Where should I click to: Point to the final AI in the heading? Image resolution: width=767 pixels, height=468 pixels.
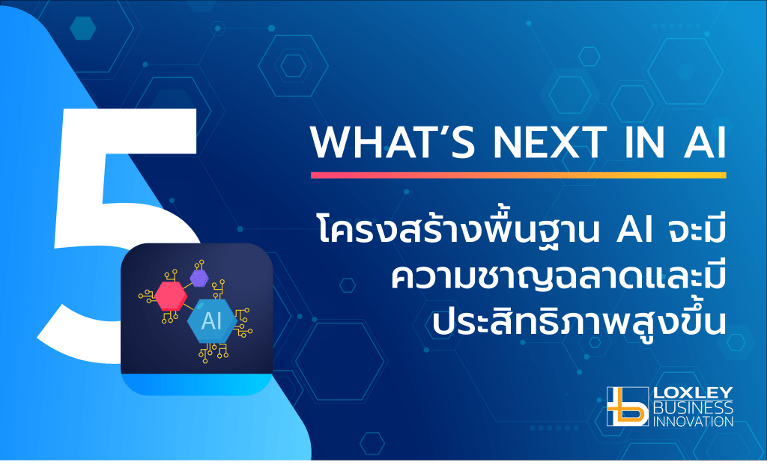pyautogui.click(x=705, y=142)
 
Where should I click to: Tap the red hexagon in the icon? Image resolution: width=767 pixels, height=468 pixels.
pyautogui.click(x=171, y=296)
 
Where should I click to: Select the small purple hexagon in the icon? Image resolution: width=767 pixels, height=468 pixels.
pyautogui.click(x=199, y=279)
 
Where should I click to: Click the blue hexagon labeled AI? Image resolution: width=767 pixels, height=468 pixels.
pyautogui.click(x=212, y=321)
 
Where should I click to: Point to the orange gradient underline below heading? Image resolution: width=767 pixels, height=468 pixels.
pyautogui.click(x=518, y=175)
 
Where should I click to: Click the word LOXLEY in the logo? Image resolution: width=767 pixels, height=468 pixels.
pyautogui.click(x=693, y=392)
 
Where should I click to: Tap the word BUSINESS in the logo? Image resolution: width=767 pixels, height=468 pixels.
pyautogui.click(x=693, y=407)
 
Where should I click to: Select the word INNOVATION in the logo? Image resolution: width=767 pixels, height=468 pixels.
pyautogui.click(x=693, y=421)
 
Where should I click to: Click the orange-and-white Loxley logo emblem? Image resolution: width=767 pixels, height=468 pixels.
pyautogui.click(x=628, y=407)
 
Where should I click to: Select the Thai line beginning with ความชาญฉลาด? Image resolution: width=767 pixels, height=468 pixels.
pyautogui.click(x=558, y=277)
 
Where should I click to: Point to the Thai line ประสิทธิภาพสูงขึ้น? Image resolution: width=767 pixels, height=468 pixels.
pyautogui.click(x=579, y=320)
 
